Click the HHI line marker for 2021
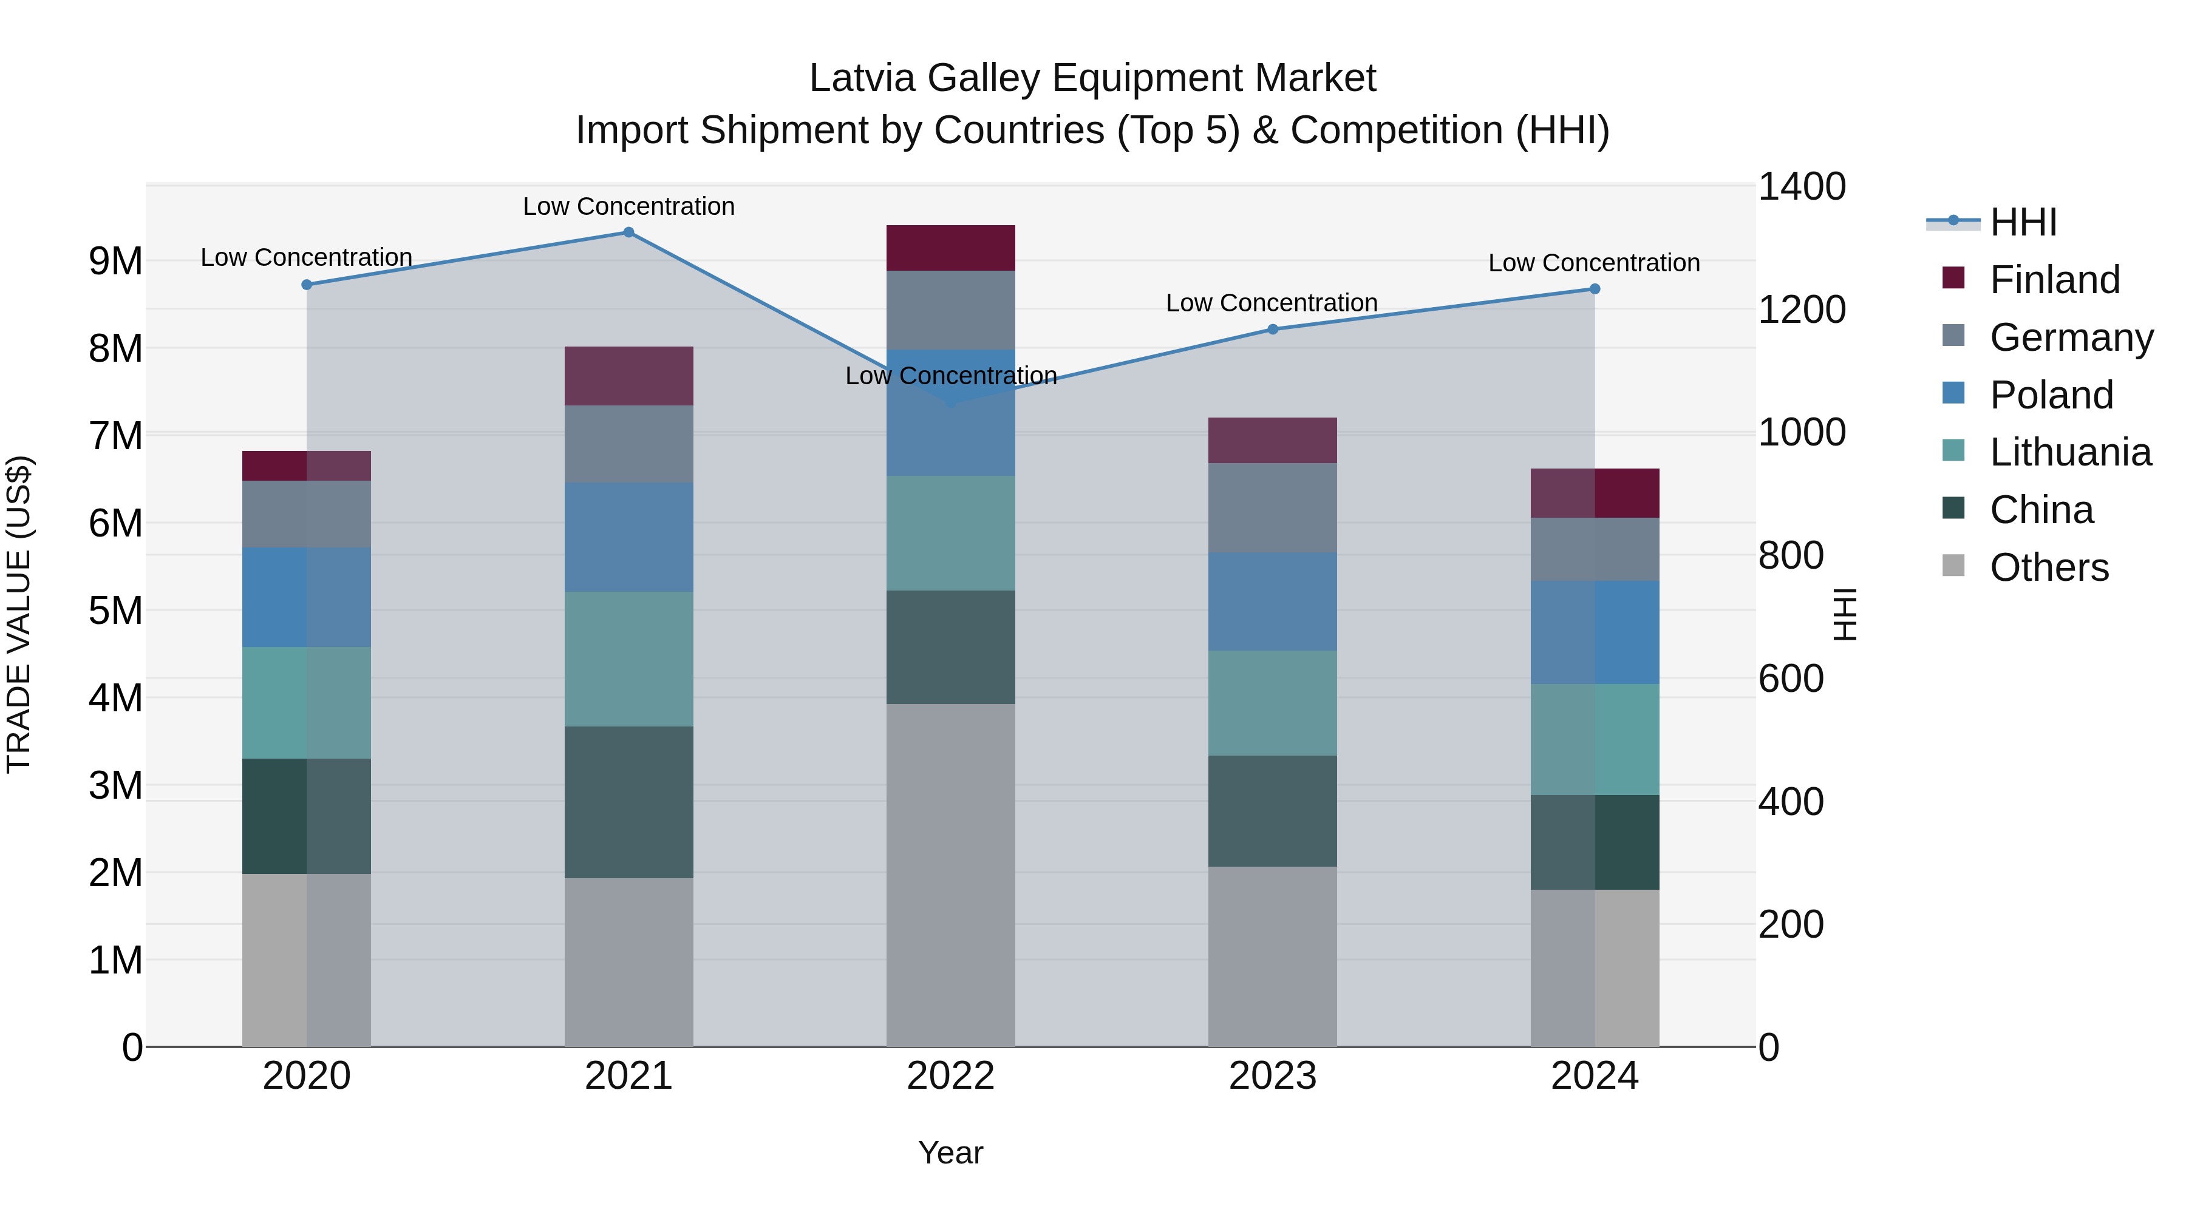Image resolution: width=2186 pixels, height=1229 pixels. pyautogui.click(x=629, y=232)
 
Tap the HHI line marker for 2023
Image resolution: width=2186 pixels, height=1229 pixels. pyautogui.click(x=1272, y=329)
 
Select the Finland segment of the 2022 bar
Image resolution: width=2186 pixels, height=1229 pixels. pyautogui.click(x=950, y=248)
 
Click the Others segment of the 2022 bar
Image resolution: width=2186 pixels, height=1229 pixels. pyautogui.click(x=950, y=875)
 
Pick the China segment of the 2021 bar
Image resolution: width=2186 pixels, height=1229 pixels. pyautogui.click(x=629, y=802)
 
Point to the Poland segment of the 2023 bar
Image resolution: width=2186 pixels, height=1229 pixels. pyautogui.click(x=1272, y=601)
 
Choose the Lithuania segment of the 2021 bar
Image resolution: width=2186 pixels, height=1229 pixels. pyautogui.click(x=629, y=659)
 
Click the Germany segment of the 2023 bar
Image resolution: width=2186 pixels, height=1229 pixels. pyautogui.click(x=1272, y=507)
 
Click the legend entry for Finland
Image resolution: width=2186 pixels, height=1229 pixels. pyautogui.click(x=2054, y=280)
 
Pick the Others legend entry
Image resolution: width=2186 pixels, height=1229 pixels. pyautogui.click(x=2049, y=568)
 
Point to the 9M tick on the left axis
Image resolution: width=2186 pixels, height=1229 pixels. pyautogui.click(x=116, y=261)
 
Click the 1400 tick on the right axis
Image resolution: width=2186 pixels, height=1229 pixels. pyautogui.click(x=1801, y=186)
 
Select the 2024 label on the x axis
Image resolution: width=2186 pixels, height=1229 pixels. pyautogui.click(x=1594, y=1076)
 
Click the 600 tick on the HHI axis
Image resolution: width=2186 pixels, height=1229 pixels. pyautogui.click(x=1791, y=679)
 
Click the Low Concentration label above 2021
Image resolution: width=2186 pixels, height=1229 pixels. pyautogui.click(x=629, y=206)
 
